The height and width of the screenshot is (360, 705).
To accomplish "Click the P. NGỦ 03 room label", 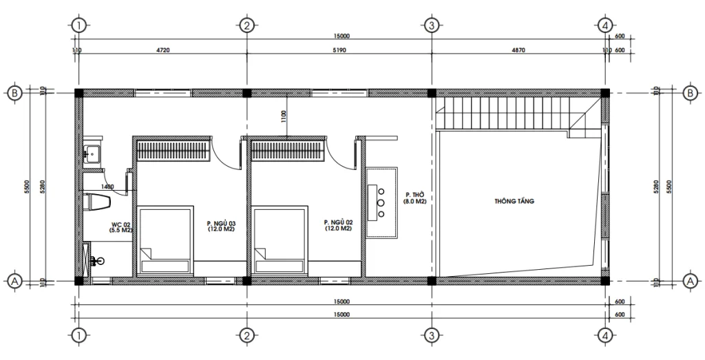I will coord(221,226).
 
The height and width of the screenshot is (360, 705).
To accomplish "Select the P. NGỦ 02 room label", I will coord(338,226).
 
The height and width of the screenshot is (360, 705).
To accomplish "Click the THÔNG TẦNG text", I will coord(514,202).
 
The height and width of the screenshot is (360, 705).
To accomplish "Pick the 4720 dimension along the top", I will coord(162,50).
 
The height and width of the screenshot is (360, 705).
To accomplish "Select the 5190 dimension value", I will coord(339,50).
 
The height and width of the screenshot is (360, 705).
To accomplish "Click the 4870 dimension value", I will coord(517,50).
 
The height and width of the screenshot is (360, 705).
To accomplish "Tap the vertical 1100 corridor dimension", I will coord(283,117).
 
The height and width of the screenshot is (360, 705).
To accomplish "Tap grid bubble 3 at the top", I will coord(431,26).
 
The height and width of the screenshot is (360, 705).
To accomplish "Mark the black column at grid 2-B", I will coord(246,93).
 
